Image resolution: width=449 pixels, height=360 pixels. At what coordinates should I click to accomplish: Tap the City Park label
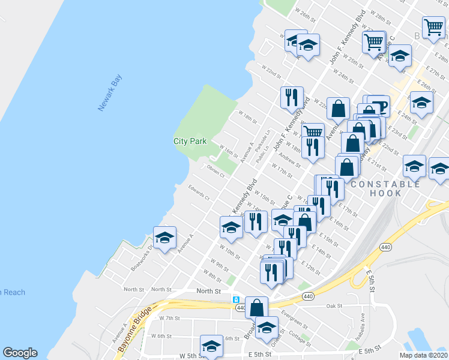[x=190, y=141]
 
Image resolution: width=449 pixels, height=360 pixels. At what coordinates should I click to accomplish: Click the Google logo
[x=19, y=353]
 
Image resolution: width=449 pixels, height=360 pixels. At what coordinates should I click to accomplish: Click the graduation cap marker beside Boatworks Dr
[x=164, y=238]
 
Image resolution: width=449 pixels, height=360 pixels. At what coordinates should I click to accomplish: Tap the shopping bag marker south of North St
[x=256, y=307]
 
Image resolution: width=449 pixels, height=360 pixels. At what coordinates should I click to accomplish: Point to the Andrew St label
[x=289, y=159]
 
